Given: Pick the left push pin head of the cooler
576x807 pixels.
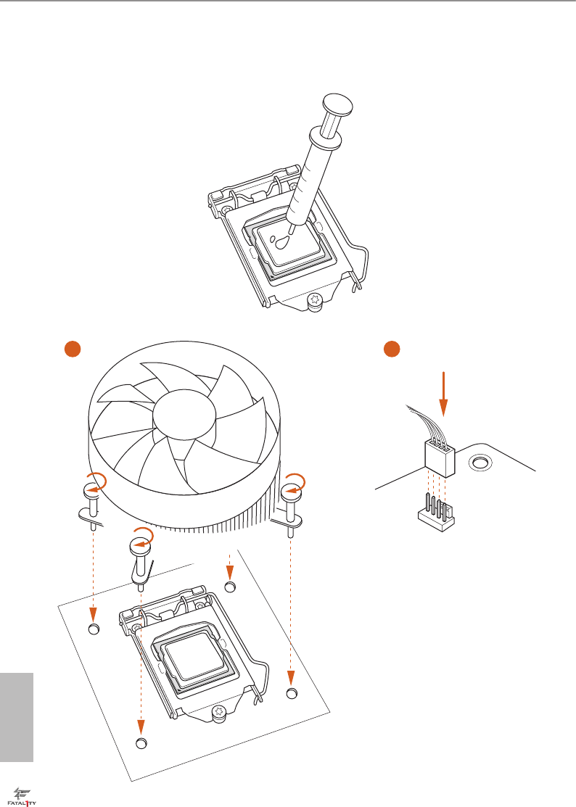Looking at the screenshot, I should pyautogui.click(x=93, y=492).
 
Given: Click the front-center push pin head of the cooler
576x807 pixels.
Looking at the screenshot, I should pyautogui.click(x=141, y=546).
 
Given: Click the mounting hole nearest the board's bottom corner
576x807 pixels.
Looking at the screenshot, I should pyautogui.click(x=141, y=744).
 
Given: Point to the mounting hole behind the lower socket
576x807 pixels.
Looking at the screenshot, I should pyautogui.click(x=231, y=587).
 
